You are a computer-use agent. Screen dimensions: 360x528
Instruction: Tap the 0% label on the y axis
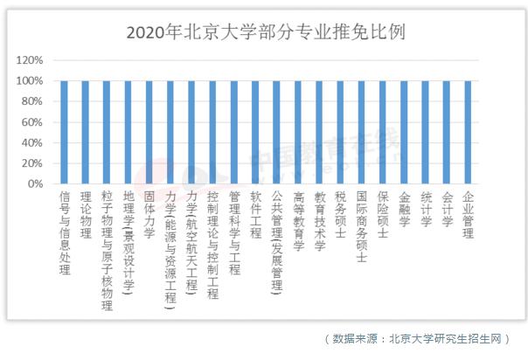point(35,184)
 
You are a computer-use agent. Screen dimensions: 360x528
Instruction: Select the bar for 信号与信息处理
point(64,132)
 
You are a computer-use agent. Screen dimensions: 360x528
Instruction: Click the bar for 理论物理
point(86,132)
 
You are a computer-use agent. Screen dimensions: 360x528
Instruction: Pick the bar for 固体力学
point(149,132)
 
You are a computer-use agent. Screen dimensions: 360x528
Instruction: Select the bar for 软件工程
point(255,132)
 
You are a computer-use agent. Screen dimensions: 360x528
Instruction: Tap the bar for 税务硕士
point(340,132)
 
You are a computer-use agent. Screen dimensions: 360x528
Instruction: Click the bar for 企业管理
point(468,132)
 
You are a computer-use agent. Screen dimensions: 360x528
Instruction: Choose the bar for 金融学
point(404,132)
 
